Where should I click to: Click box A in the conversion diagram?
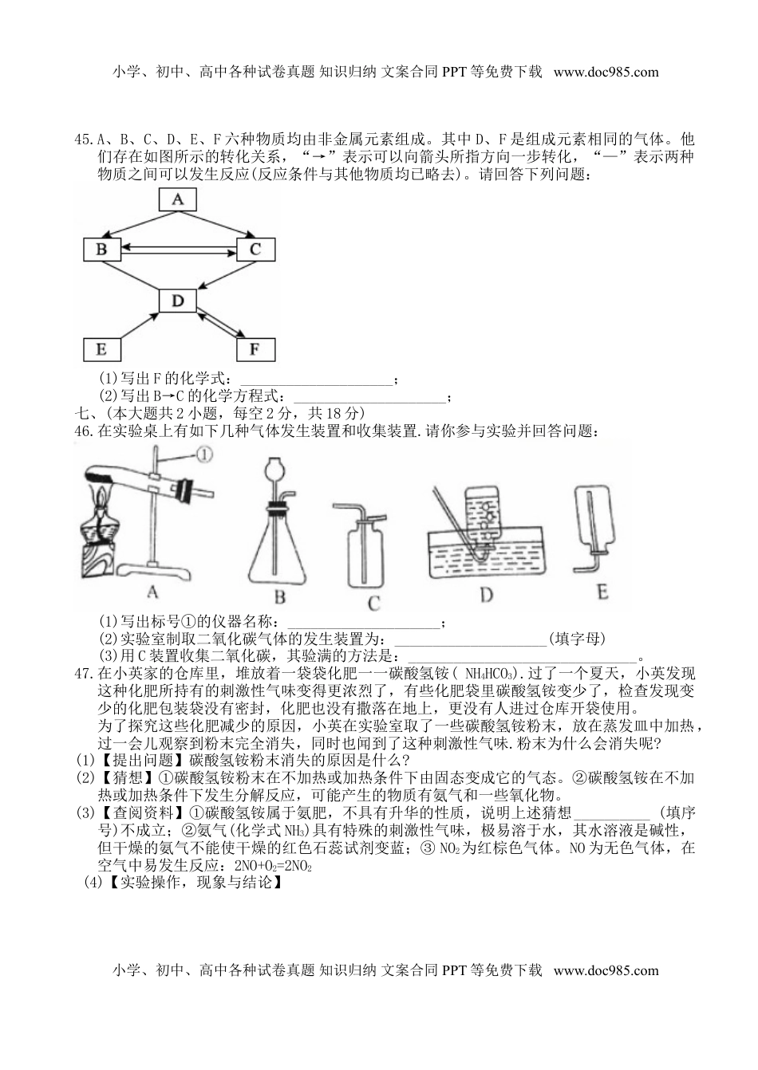(178, 199)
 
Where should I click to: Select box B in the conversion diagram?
(102, 250)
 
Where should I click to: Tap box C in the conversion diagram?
(255, 250)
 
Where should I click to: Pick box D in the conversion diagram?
(178, 301)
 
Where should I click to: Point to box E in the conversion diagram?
(102, 349)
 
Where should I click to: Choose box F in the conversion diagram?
(255, 349)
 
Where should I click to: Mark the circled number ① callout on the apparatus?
(203, 455)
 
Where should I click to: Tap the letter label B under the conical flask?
(280, 597)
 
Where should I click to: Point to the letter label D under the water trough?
(486, 596)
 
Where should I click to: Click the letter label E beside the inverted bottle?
(602, 591)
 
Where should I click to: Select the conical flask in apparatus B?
(279, 542)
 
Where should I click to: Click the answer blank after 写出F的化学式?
(316, 379)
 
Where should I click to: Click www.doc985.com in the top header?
(606, 72)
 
